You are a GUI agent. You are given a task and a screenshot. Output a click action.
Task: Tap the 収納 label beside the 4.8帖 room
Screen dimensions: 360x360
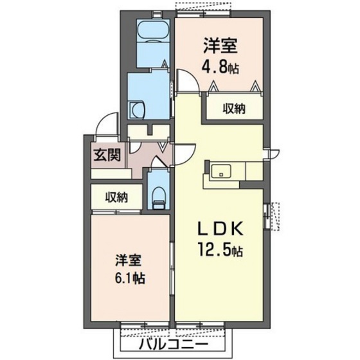[x=235, y=109]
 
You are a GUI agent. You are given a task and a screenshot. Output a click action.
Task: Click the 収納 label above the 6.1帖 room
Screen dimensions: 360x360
[x=116, y=197]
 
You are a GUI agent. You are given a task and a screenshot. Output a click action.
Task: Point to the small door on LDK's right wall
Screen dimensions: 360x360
[x=273, y=154]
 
